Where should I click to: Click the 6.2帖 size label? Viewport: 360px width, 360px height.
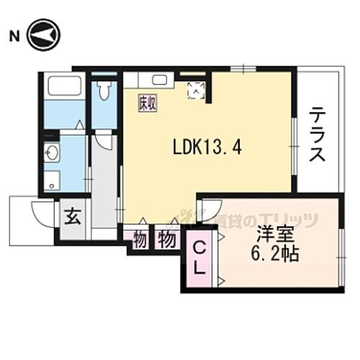pos(276,254)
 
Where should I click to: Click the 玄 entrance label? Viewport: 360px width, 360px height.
pos(73,217)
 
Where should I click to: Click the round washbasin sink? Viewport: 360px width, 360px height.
pos(52,152)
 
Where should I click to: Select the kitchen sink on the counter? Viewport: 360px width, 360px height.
pos(160,80)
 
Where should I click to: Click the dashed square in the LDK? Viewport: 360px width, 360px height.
pos(195,89)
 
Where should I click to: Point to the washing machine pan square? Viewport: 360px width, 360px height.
pos(51,181)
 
